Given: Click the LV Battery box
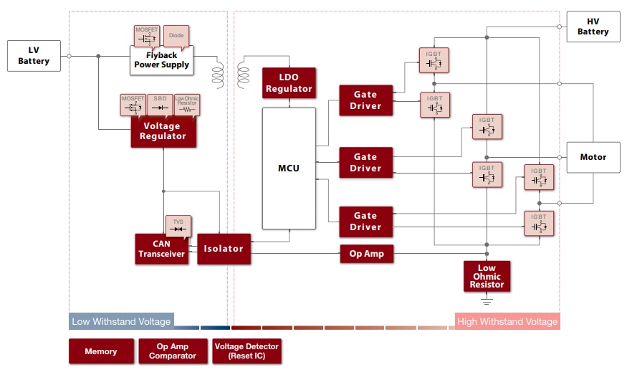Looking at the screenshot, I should tap(34, 56).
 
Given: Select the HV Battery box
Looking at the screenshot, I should tap(593, 27).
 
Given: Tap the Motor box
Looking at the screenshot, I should tap(593, 157).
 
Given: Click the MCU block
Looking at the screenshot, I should tap(289, 168).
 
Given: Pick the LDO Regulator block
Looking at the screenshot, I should tap(289, 83).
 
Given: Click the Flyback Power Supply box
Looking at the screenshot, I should tap(161, 60).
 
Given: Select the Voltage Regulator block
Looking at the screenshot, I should tap(163, 132).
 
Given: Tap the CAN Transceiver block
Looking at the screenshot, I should tap(161, 249).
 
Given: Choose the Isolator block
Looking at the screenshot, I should tap(224, 249).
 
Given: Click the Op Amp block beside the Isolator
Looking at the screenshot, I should tap(366, 254).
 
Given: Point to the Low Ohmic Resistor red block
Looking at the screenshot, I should tap(487, 276).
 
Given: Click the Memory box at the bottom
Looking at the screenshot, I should tap(100, 351).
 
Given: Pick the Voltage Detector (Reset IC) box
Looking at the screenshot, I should tap(246, 351).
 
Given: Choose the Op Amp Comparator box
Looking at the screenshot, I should tap(172, 351).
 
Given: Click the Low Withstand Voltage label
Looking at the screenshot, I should tap(121, 322).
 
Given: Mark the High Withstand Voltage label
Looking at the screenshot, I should tap(507, 322).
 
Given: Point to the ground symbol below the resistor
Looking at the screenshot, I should tap(487, 301).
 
